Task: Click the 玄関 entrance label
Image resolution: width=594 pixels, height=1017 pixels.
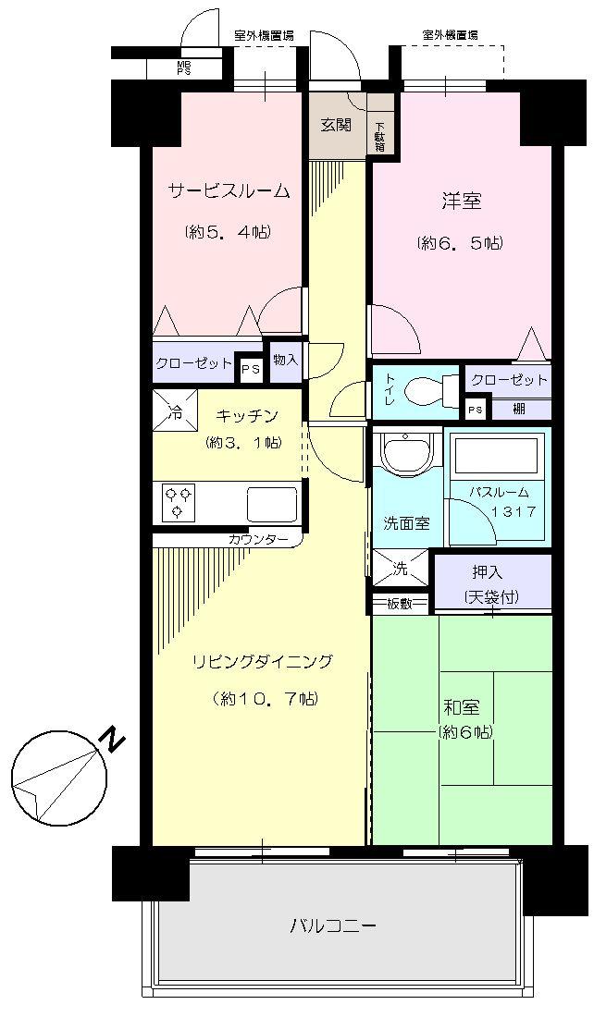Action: tap(336, 126)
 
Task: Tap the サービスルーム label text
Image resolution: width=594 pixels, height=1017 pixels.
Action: tap(229, 191)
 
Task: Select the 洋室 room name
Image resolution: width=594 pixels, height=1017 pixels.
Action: tap(460, 201)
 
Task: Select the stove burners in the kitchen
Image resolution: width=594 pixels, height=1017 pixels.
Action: tap(179, 503)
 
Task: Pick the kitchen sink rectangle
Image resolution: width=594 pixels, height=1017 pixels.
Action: tap(271, 505)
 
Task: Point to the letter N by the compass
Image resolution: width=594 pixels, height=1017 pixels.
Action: tap(112, 741)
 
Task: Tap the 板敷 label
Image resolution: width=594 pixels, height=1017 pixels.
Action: tap(400, 605)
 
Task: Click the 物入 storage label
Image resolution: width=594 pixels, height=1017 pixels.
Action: tap(286, 360)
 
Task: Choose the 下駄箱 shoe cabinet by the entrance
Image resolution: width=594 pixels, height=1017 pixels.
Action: tap(380, 136)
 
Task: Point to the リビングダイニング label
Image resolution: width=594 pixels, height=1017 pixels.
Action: tap(262, 661)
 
